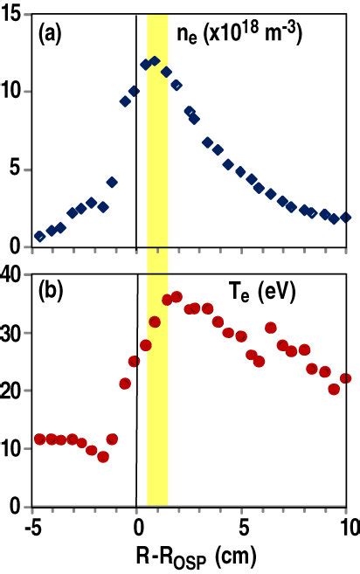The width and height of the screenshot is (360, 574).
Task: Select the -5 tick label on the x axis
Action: [x=32, y=526]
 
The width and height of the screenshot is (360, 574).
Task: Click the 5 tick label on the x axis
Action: [x=242, y=526]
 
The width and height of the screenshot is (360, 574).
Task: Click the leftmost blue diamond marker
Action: [x=39, y=237]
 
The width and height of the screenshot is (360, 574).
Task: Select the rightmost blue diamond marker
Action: [x=346, y=217]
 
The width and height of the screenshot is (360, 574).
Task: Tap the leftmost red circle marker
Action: [x=39, y=439]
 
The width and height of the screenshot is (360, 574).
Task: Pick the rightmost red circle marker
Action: [x=346, y=378]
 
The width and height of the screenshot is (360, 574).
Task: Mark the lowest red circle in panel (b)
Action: [x=102, y=457]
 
